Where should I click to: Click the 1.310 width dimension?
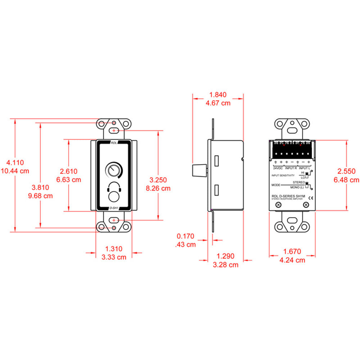114,249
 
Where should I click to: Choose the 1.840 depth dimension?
218,95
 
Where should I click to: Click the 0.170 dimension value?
185,237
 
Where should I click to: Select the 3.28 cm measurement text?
226,265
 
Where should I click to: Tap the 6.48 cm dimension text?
347,179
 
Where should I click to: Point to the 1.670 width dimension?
292,252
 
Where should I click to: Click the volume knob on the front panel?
114,170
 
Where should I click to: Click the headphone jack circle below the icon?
114,198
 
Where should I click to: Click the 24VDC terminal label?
278,168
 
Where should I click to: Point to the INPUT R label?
291,168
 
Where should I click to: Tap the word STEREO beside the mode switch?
300,183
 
